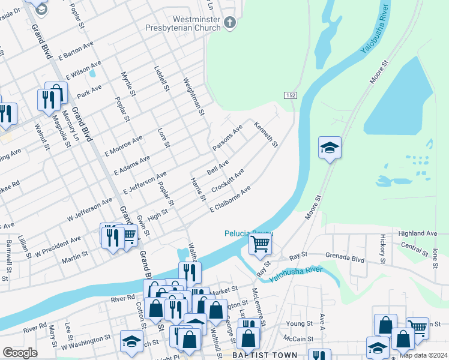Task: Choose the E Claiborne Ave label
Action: click(x=229, y=199)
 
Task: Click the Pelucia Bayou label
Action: click(x=249, y=233)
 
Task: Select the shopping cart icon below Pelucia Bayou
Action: click(x=260, y=244)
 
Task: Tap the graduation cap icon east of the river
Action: click(x=330, y=148)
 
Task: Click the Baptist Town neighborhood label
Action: click(x=265, y=355)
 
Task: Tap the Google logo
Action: click(x=20, y=353)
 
